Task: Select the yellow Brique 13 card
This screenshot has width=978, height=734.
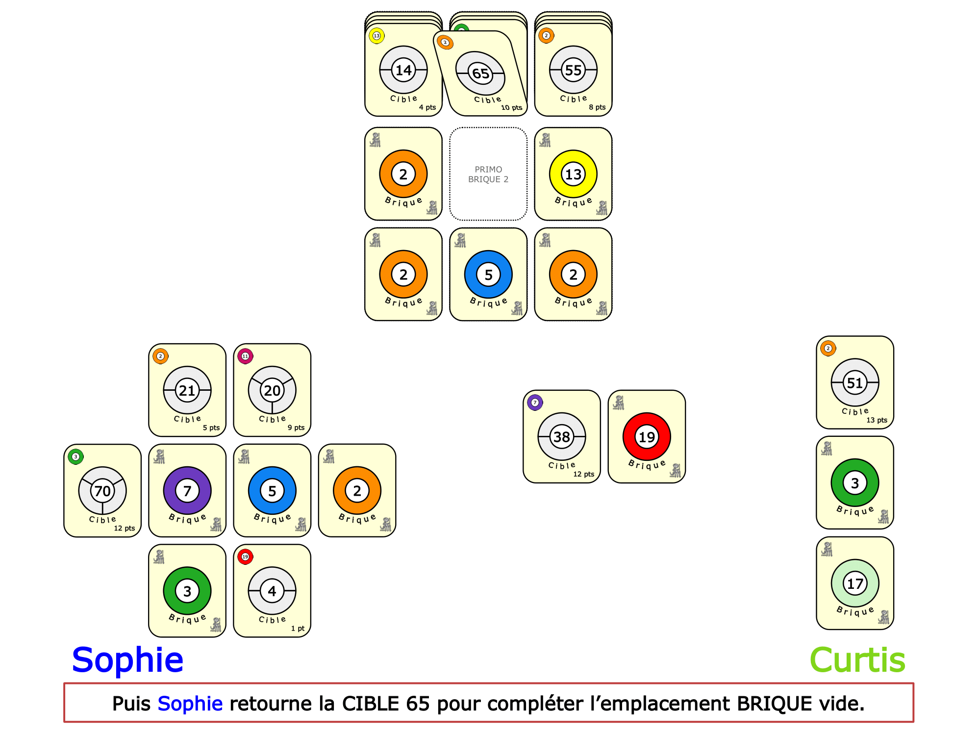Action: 573,174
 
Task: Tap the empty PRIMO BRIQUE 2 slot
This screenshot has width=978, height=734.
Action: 488,174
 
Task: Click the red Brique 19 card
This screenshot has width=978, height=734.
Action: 647,436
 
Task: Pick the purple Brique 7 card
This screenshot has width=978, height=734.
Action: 187,490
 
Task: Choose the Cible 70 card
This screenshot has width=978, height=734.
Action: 102,490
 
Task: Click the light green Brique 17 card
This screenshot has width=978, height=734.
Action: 855,583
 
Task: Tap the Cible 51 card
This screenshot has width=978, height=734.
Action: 855,382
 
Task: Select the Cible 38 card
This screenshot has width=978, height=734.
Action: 562,436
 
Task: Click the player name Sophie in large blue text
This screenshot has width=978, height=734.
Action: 127,660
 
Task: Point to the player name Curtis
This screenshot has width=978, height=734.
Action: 857,660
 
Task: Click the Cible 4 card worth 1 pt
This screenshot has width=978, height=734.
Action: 272,591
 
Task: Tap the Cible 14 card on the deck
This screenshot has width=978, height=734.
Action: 403,70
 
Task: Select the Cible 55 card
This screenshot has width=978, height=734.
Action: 573,70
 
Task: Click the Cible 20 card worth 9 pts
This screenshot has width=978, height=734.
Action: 272,390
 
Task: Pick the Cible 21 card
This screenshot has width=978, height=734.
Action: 187,390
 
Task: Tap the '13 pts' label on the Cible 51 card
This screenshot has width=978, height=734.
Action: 877,420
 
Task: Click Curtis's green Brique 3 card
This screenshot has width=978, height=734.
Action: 855,483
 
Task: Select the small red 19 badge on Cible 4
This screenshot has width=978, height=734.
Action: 245,557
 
